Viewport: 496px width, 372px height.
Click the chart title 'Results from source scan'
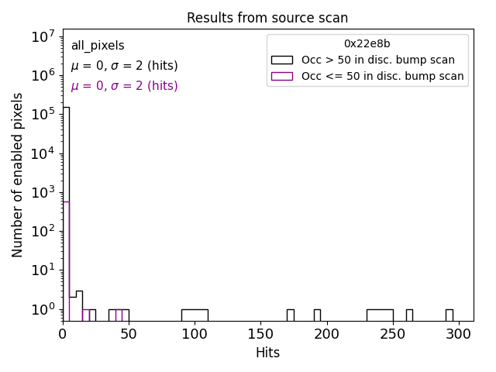click(x=267, y=18)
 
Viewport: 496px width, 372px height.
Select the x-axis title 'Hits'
click(x=267, y=353)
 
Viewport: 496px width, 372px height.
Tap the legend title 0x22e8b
click(x=367, y=44)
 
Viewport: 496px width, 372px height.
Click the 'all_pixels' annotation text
click(x=98, y=46)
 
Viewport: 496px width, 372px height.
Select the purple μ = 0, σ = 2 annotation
click(x=124, y=86)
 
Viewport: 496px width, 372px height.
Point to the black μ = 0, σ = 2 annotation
click(x=124, y=66)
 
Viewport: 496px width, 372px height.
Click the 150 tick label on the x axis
click(x=260, y=334)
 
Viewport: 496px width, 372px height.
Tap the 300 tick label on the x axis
click(x=459, y=334)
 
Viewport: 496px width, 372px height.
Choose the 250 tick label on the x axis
click(x=393, y=334)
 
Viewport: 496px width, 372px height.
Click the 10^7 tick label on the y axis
click(x=42, y=36)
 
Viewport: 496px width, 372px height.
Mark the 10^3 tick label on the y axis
click(x=42, y=192)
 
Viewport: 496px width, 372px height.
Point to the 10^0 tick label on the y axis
click(x=42, y=309)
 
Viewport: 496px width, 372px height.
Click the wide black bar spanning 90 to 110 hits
click(x=195, y=315)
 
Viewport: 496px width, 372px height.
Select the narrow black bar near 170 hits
click(x=290, y=315)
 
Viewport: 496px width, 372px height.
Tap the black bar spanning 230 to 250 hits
click(x=380, y=315)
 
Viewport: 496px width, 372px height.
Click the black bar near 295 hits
click(x=449, y=315)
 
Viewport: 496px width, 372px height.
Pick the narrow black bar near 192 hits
click(x=317, y=315)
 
